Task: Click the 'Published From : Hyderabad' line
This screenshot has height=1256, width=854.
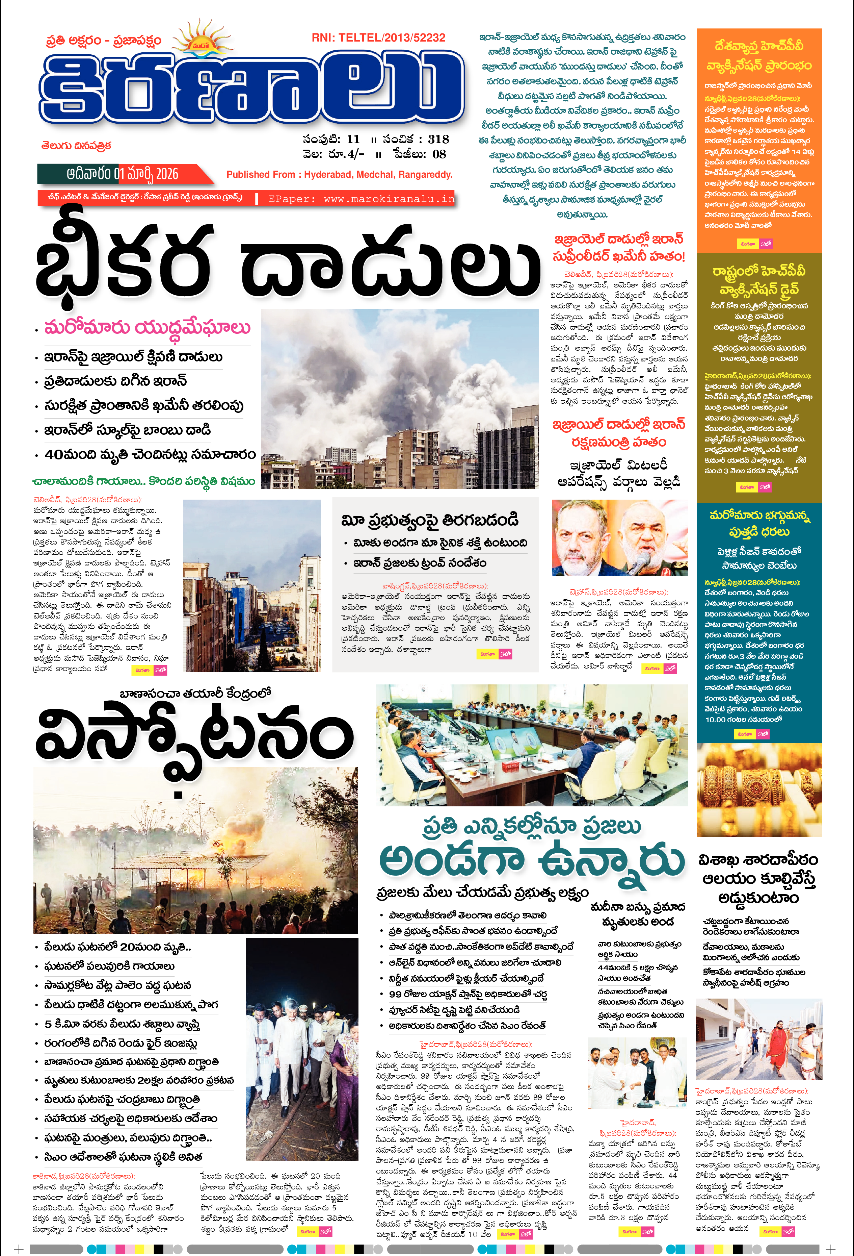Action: [339, 175]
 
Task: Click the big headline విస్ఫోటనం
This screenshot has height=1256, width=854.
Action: [194, 735]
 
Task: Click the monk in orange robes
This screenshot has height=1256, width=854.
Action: [776, 1038]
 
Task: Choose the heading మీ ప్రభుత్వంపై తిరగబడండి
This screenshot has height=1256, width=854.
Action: [430, 520]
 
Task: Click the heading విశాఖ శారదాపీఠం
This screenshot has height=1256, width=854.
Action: [758, 860]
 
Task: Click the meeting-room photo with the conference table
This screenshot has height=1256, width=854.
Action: [532, 745]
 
